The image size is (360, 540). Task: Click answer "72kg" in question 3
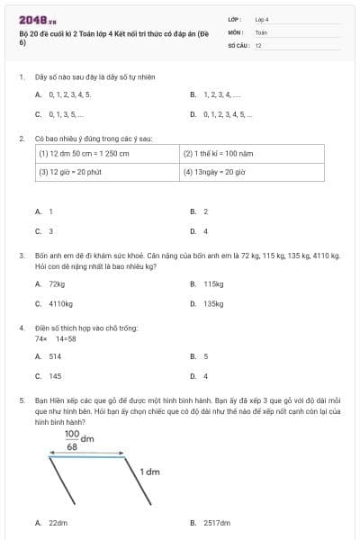pyautogui.click(x=57, y=283)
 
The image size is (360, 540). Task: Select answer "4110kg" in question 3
pyautogui.click(x=60, y=303)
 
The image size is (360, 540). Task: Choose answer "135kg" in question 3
pyautogui.click(x=213, y=303)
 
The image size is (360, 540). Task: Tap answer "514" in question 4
pyautogui.click(x=56, y=356)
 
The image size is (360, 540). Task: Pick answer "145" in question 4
pyautogui.click(x=55, y=376)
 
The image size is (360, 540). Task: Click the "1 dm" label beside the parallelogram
pyautogui.click(x=149, y=471)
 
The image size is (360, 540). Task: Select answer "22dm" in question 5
pyautogui.click(x=58, y=522)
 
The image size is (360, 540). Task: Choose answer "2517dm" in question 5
pyautogui.click(x=217, y=522)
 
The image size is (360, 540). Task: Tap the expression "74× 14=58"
pyautogui.click(x=55, y=338)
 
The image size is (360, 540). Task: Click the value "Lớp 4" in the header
pyautogui.click(x=262, y=18)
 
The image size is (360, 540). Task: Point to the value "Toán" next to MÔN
pyautogui.click(x=261, y=31)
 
